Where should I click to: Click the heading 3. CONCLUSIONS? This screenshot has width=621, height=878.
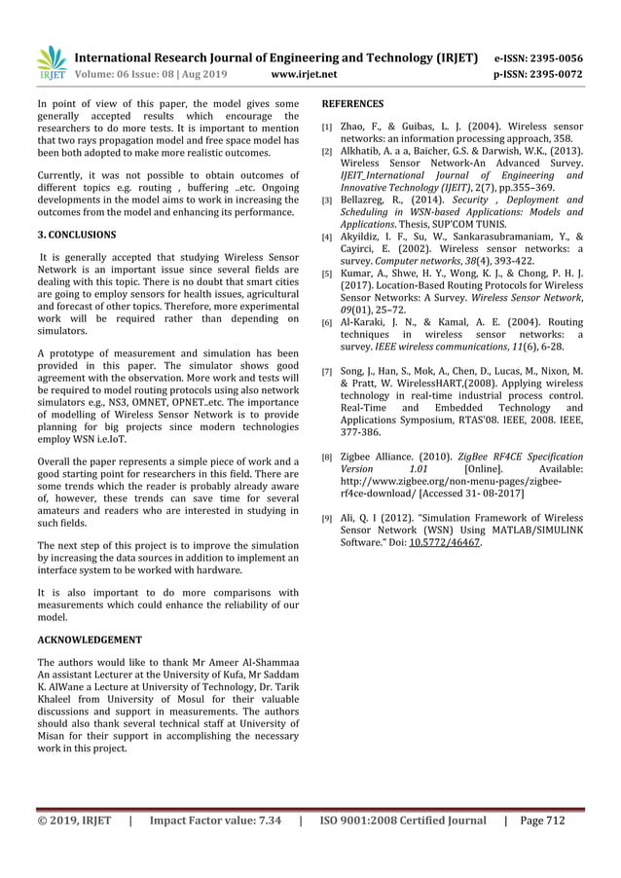point(77,236)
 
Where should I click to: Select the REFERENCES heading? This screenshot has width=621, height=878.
point(352,103)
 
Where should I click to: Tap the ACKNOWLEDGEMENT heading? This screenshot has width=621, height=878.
point(89,640)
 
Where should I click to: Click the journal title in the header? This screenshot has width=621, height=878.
point(277,57)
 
